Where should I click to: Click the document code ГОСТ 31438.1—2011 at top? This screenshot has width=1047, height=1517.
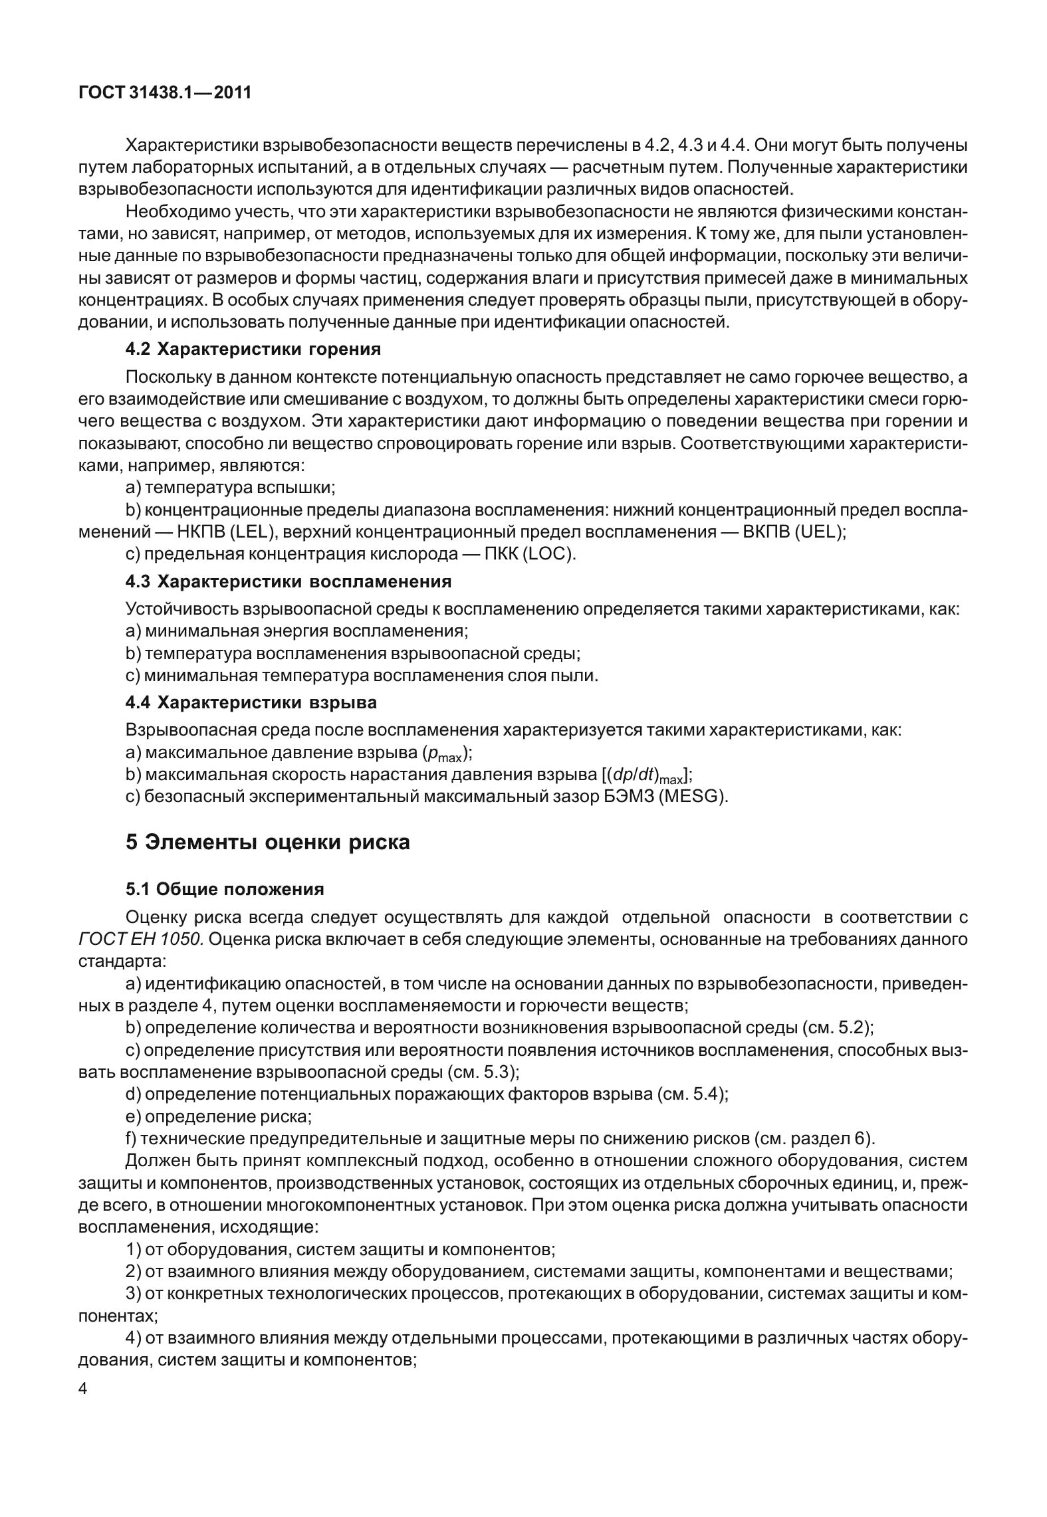(164, 92)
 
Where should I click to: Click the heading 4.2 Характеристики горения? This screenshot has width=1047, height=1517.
(253, 349)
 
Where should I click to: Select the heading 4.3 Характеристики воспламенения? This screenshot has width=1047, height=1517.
(289, 581)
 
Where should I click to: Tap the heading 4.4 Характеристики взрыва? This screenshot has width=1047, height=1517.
(251, 702)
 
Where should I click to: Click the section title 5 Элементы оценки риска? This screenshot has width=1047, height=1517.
(267, 842)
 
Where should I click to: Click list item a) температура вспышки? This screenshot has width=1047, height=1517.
(230, 488)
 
